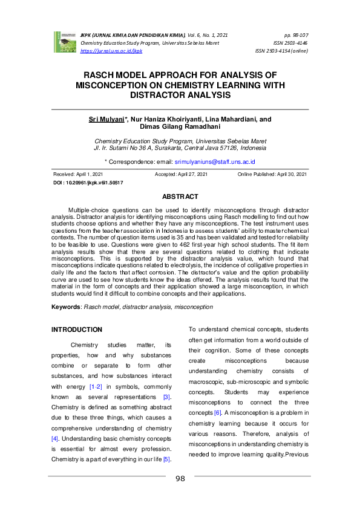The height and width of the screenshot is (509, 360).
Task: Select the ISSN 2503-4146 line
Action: [290, 44]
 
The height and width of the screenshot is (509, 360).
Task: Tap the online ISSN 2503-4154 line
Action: [282, 51]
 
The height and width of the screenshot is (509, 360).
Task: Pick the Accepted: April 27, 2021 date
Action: [181, 174]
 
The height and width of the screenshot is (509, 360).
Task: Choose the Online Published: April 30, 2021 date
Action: [272, 174]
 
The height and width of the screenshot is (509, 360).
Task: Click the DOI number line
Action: [88, 182]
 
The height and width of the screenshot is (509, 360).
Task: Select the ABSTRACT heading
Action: [180, 196]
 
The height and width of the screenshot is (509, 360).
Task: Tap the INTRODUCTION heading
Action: [77, 330]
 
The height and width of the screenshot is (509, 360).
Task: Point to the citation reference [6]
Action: [218, 412]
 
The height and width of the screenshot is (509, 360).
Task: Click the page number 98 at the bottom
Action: [180, 479]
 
